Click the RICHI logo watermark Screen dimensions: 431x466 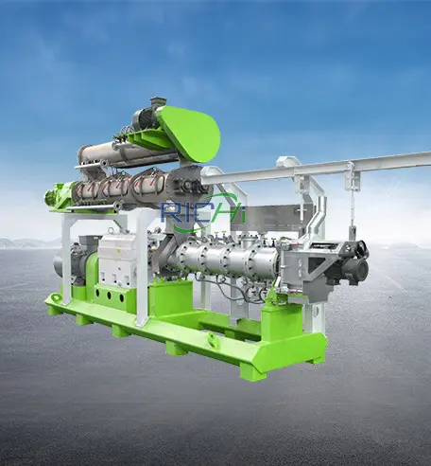203,210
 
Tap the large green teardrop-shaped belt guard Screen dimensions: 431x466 191,134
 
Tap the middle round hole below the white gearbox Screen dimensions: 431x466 110,296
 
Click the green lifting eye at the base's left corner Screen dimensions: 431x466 55,298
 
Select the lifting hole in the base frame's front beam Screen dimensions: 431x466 211,339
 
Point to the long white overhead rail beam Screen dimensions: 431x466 315,169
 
